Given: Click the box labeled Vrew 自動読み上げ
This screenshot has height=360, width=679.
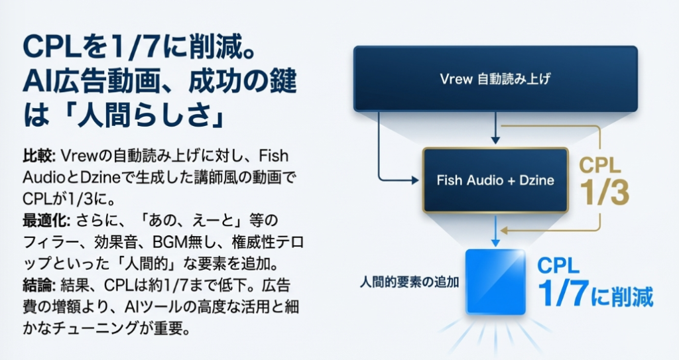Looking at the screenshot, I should (x=495, y=79).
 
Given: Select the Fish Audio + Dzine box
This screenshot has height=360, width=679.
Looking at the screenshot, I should (x=495, y=180).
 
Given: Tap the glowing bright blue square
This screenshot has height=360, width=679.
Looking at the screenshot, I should (x=495, y=281).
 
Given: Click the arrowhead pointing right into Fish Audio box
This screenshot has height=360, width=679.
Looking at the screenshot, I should (x=417, y=179).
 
